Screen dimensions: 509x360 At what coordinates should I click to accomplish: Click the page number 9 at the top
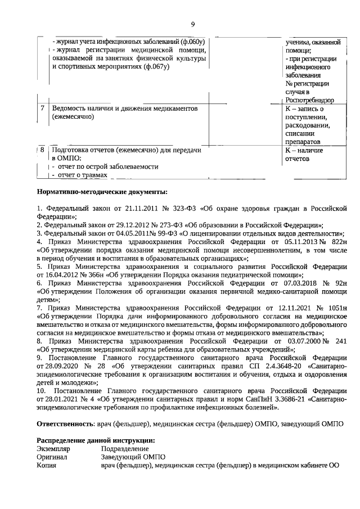192,24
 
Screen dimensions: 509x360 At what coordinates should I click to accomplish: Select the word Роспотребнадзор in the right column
309,100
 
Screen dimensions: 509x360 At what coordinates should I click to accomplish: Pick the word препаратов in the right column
303,142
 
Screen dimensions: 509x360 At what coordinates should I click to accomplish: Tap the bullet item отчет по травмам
79,175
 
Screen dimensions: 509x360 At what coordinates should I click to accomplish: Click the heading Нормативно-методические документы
102,192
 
